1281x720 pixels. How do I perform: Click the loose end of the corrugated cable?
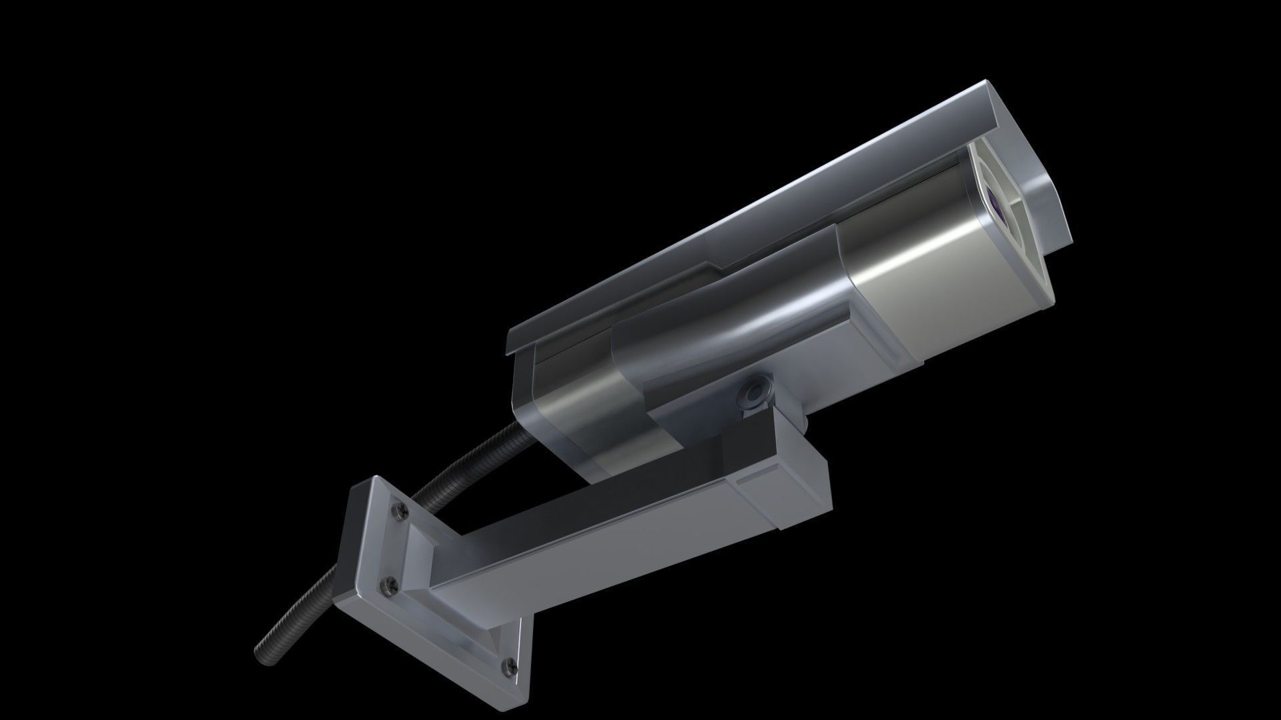(x=262, y=653)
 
